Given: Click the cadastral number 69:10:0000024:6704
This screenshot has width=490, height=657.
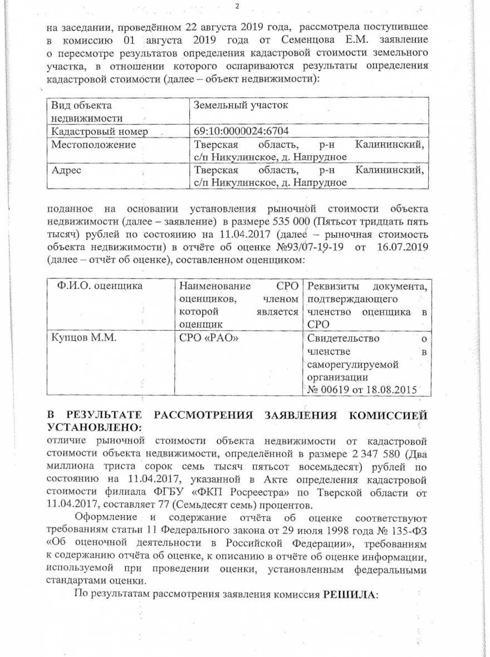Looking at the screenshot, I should tap(240, 131).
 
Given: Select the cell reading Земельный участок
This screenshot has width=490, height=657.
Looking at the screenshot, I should tap(240, 105).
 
